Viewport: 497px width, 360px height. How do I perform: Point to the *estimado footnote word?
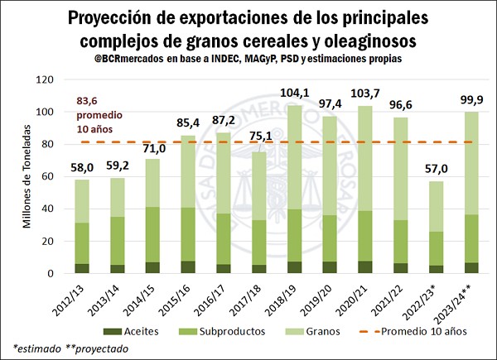[38, 348]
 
